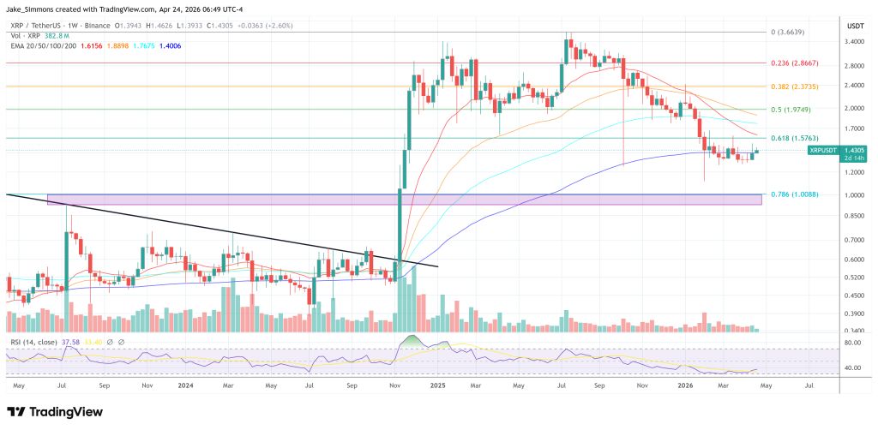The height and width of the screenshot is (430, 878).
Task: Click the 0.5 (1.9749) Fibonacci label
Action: [x=790, y=110]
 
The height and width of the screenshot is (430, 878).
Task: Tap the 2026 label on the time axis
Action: [x=686, y=386]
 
